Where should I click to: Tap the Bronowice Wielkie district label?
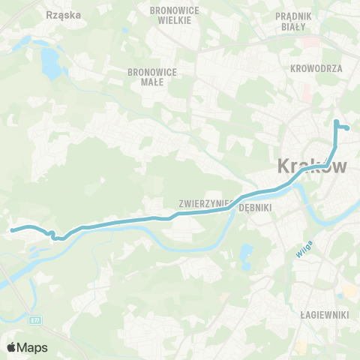(x=171, y=14)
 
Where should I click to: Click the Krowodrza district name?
(x=316, y=67)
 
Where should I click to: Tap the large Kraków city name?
(x=313, y=166)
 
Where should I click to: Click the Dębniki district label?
(x=253, y=209)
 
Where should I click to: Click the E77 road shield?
(x=35, y=320)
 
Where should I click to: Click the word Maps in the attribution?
(x=33, y=347)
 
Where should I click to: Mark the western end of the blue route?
(x=11, y=230)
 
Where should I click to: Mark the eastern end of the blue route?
(x=348, y=128)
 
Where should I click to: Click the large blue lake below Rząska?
(x=50, y=64)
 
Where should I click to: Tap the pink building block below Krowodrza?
(x=306, y=92)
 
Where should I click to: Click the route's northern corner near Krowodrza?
(x=335, y=121)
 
